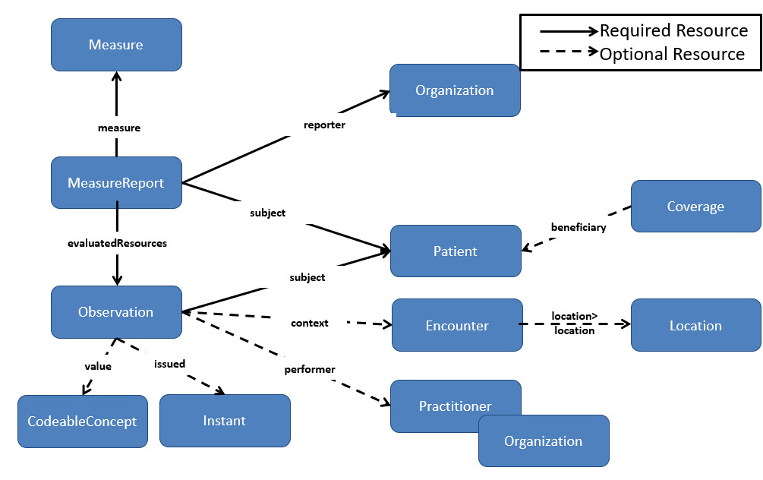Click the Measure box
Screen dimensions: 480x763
coord(116,45)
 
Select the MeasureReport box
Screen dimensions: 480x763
coord(116,182)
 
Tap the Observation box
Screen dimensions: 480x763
coord(116,311)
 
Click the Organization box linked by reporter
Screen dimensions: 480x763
coord(455,90)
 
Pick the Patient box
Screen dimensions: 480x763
coord(456,251)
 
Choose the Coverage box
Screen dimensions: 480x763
coord(695,206)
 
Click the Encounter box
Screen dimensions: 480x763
coord(457,325)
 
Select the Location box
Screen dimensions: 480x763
coord(695,325)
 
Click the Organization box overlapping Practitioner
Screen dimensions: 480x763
coord(544,441)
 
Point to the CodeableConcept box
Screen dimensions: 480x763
coord(82,421)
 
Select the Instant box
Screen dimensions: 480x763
coord(225,421)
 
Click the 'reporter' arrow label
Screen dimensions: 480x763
coord(324,125)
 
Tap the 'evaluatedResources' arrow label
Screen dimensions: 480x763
coord(116,244)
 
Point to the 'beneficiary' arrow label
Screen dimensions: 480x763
coord(579,226)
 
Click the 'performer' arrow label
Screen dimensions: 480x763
coord(310,369)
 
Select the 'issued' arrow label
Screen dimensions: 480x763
coord(169,364)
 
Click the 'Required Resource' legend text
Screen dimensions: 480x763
coord(673,30)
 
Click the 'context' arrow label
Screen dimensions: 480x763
coord(310,323)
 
